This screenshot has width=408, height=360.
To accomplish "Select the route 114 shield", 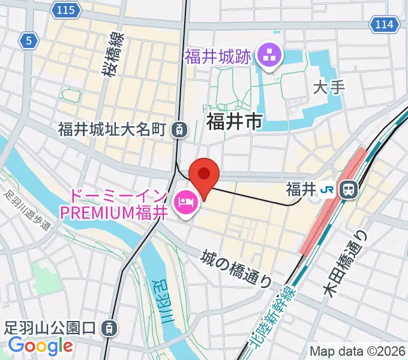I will coord(383,25).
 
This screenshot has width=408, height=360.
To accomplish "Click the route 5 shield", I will coord(28,40).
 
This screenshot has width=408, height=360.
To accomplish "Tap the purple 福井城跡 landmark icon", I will coord(268,57).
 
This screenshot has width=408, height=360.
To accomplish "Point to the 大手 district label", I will coord(329,88).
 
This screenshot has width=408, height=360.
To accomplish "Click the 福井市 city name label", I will coord(234,121).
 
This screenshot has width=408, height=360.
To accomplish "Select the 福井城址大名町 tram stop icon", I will coord(178,128).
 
